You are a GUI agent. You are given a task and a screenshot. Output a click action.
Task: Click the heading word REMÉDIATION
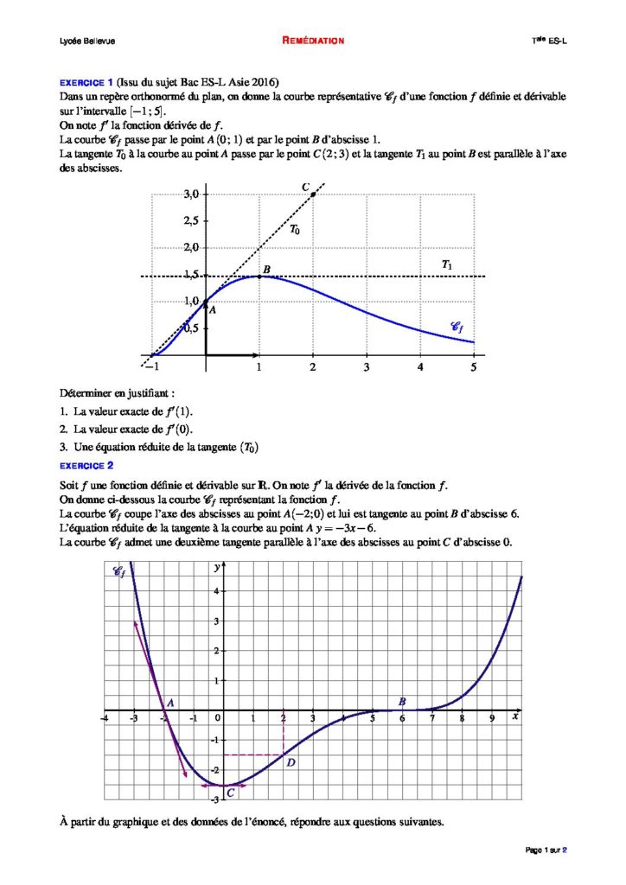[313, 41]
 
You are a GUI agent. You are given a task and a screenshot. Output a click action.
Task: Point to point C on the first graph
[312, 194]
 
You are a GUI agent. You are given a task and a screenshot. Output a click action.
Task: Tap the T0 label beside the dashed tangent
[295, 230]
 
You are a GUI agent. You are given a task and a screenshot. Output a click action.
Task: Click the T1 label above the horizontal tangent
[446, 264]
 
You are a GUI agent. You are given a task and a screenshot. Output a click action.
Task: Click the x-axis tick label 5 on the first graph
[473, 368]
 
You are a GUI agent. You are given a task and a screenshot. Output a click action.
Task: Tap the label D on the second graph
[291, 762]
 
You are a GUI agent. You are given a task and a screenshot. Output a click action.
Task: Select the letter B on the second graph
[402, 702]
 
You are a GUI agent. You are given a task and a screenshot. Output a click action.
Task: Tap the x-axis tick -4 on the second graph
[104, 719]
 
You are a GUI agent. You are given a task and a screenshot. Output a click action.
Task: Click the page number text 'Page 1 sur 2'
[546, 850]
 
